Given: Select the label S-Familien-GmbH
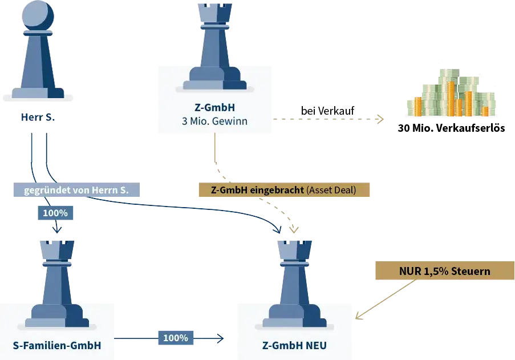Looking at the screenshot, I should pyautogui.click(x=57, y=345).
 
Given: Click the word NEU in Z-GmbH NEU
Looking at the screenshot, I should pyautogui.click(x=316, y=345).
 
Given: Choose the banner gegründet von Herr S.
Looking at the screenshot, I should pyautogui.click(x=76, y=190).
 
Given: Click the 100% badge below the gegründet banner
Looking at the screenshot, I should pyautogui.click(x=55, y=213).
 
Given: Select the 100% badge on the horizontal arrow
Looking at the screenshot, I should pyautogui.click(x=175, y=338).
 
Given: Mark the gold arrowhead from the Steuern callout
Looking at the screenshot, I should pyautogui.click(x=358, y=317).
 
